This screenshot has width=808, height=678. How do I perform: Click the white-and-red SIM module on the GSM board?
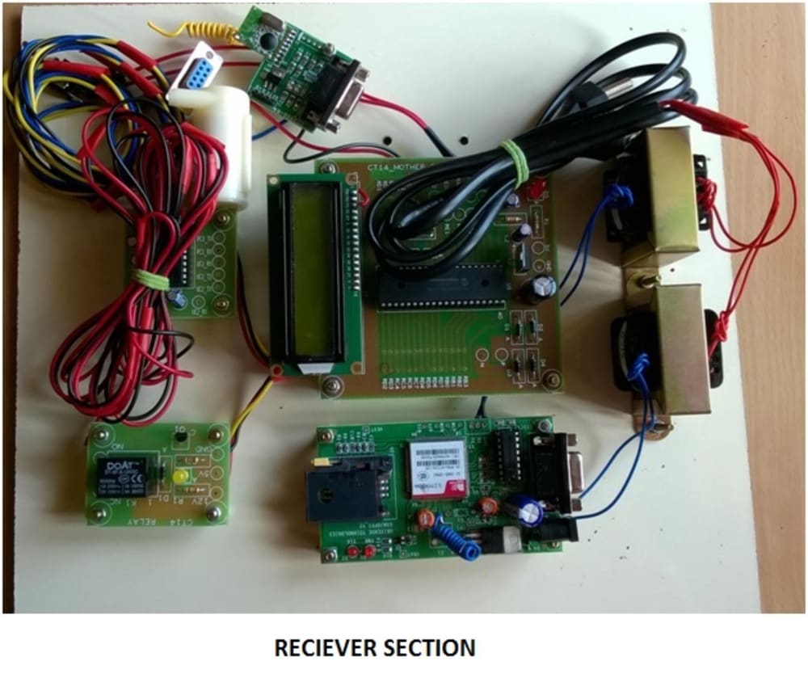(437, 467)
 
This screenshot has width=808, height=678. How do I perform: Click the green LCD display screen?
(311, 270)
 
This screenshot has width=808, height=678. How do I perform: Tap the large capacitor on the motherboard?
(541, 287)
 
